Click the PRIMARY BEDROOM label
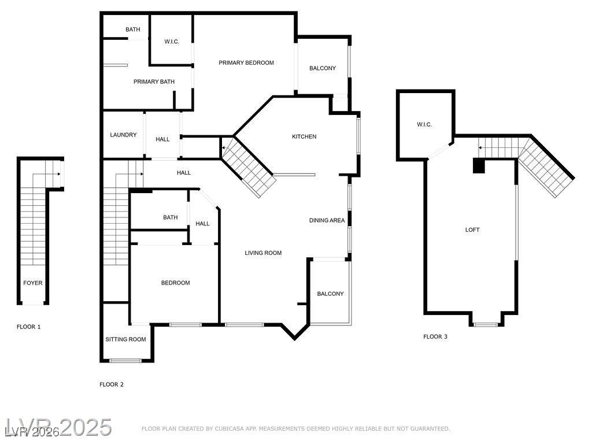(246, 62)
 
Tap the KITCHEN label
(304, 136)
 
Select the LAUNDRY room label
(123, 135)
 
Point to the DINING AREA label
(327, 220)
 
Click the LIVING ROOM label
(263, 253)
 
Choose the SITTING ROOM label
(125, 339)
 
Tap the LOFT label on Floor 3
(472, 230)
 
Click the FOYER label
(32, 283)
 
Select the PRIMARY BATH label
(154, 82)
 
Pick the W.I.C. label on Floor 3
(424, 125)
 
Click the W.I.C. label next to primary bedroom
(172, 41)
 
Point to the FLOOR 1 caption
(28, 327)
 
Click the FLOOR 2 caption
(112, 384)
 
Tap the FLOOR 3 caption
(435, 336)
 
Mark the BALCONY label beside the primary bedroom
(323, 68)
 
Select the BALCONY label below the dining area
(330, 294)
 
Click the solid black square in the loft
(479, 166)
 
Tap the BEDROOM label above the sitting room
(175, 283)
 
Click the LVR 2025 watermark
(58, 428)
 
